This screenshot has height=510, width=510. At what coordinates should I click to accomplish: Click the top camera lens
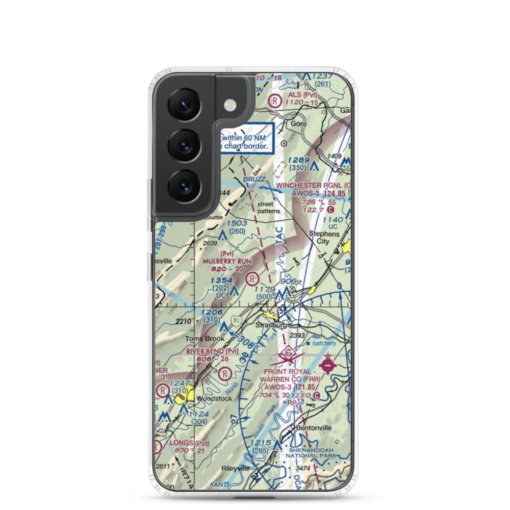[183, 105]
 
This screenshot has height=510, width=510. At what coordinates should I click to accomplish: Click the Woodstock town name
[211, 398]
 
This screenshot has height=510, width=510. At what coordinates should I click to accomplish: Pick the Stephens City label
[324, 238]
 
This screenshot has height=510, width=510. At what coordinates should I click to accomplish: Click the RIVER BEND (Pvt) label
[212, 351]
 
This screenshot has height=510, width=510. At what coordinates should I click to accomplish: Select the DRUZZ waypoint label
[253, 180]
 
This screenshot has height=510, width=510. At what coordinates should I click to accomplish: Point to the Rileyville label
[235, 468]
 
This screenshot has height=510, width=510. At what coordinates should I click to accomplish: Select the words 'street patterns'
[269, 208]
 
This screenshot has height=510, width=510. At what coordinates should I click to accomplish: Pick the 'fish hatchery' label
[323, 340]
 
